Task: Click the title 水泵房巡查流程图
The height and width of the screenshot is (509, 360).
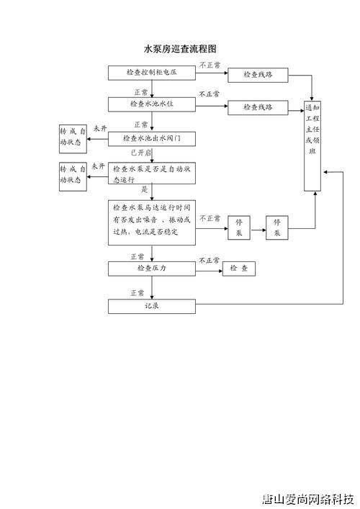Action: tap(180, 49)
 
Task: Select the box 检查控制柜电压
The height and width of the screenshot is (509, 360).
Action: tap(152, 73)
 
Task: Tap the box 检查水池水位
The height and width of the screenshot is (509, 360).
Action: tap(152, 104)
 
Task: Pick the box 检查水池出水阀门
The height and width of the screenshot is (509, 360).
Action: tap(152, 138)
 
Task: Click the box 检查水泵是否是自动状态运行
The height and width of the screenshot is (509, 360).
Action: tap(152, 174)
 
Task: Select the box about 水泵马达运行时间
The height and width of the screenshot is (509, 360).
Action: tap(152, 222)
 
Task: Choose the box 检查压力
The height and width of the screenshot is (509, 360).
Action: tap(152, 269)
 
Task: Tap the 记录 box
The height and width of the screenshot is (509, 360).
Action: tap(152, 306)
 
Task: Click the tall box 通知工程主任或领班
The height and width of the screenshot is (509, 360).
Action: tap(312, 132)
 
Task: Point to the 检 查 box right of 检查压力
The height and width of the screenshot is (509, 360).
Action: tap(238, 269)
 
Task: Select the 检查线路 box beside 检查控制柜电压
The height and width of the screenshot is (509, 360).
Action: tap(258, 74)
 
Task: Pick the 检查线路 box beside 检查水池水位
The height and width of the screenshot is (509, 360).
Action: tap(258, 107)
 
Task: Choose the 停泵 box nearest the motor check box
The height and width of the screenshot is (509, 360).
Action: tap(239, 228)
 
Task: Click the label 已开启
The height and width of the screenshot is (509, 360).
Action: tap(140, 153)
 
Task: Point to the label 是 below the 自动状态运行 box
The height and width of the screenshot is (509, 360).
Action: tap(144, 190)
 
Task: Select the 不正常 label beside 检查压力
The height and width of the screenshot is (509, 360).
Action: tap(210, 260)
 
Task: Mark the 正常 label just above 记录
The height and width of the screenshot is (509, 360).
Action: tap(138, 293)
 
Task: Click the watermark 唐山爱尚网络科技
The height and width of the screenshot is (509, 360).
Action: tap(308, 497)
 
